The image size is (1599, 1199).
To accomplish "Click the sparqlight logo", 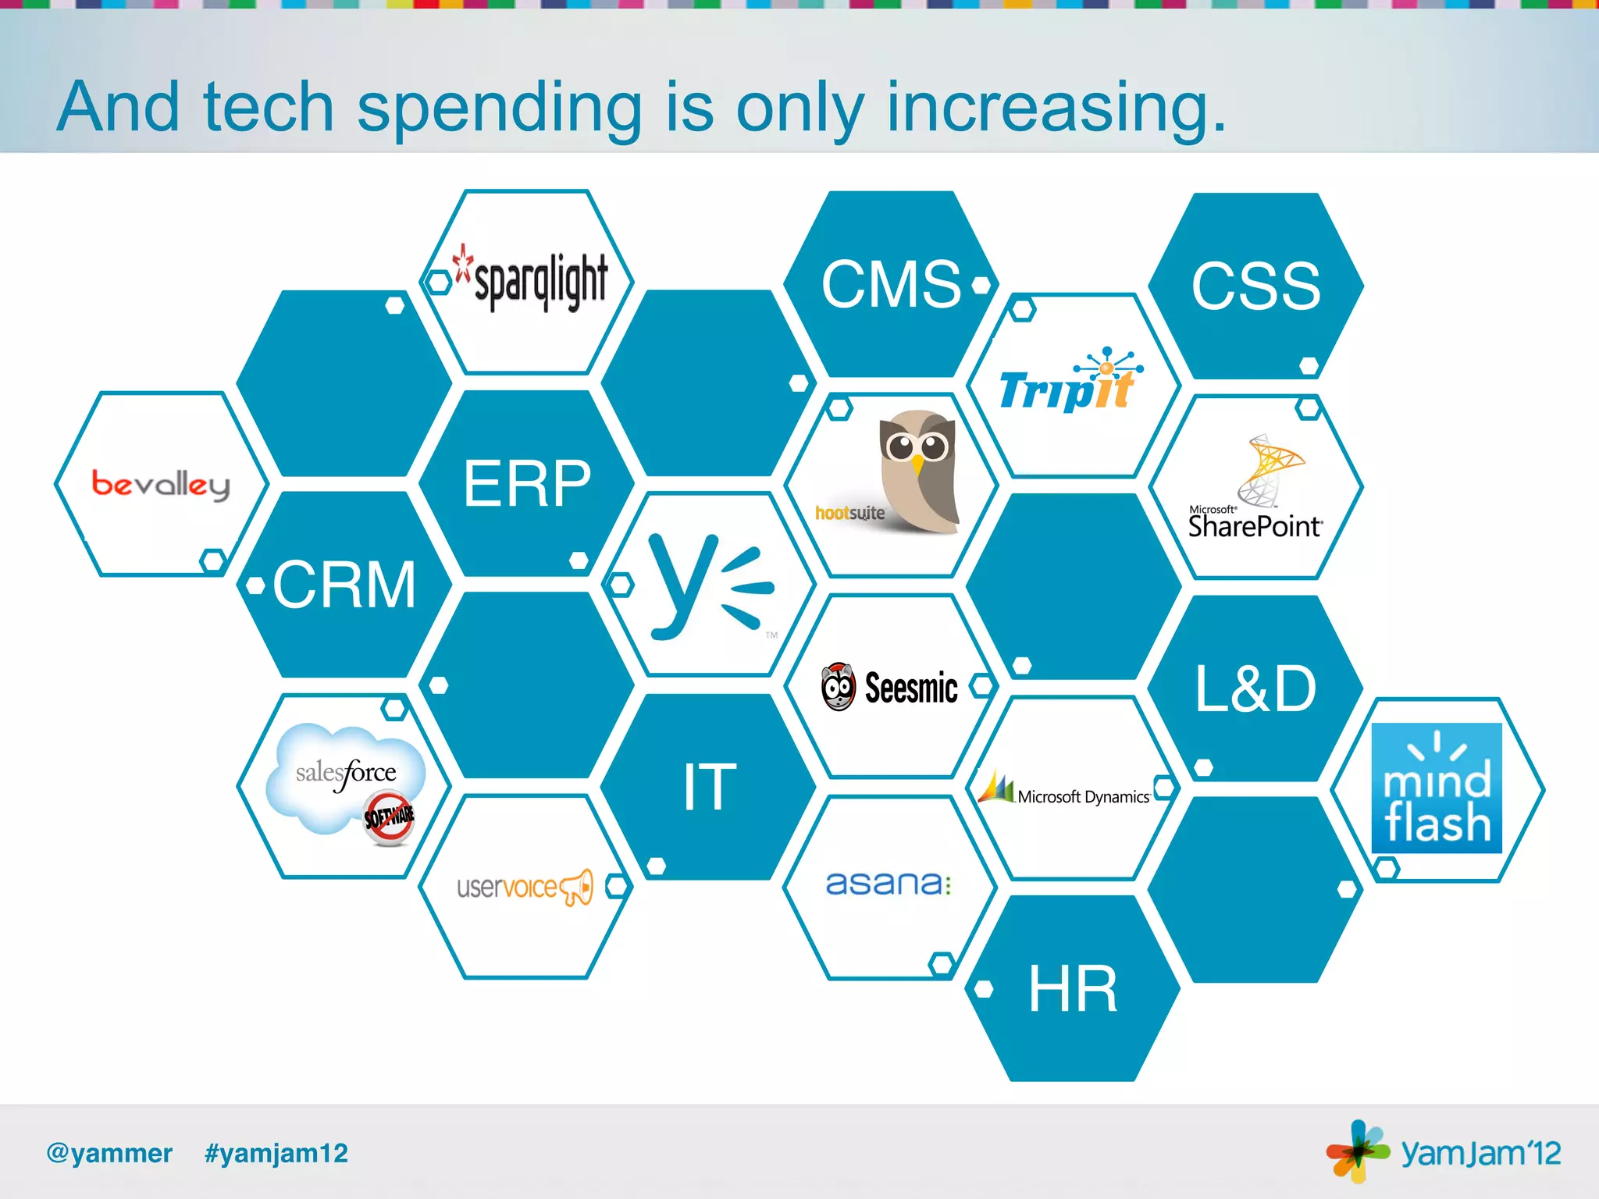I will [533, 279].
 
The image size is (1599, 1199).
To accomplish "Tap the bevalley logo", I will [161, 484].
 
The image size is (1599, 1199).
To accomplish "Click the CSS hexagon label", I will [1255, 286].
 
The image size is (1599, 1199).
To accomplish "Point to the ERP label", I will [527, 483].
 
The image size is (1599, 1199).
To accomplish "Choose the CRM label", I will [344, 584].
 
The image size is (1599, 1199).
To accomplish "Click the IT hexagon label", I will [709, 787].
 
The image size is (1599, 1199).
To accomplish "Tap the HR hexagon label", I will [1073, 989].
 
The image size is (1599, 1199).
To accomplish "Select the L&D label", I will [1255, 688].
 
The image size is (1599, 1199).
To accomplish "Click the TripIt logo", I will [1070, 382].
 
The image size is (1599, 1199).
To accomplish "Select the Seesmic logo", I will [890, 688].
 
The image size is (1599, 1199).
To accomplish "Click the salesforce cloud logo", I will [346, 781].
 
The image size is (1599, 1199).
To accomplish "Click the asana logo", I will [889, 884].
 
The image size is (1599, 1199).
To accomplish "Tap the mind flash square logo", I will [1437, 788].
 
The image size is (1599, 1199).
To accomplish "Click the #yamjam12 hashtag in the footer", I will [276, 1153].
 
